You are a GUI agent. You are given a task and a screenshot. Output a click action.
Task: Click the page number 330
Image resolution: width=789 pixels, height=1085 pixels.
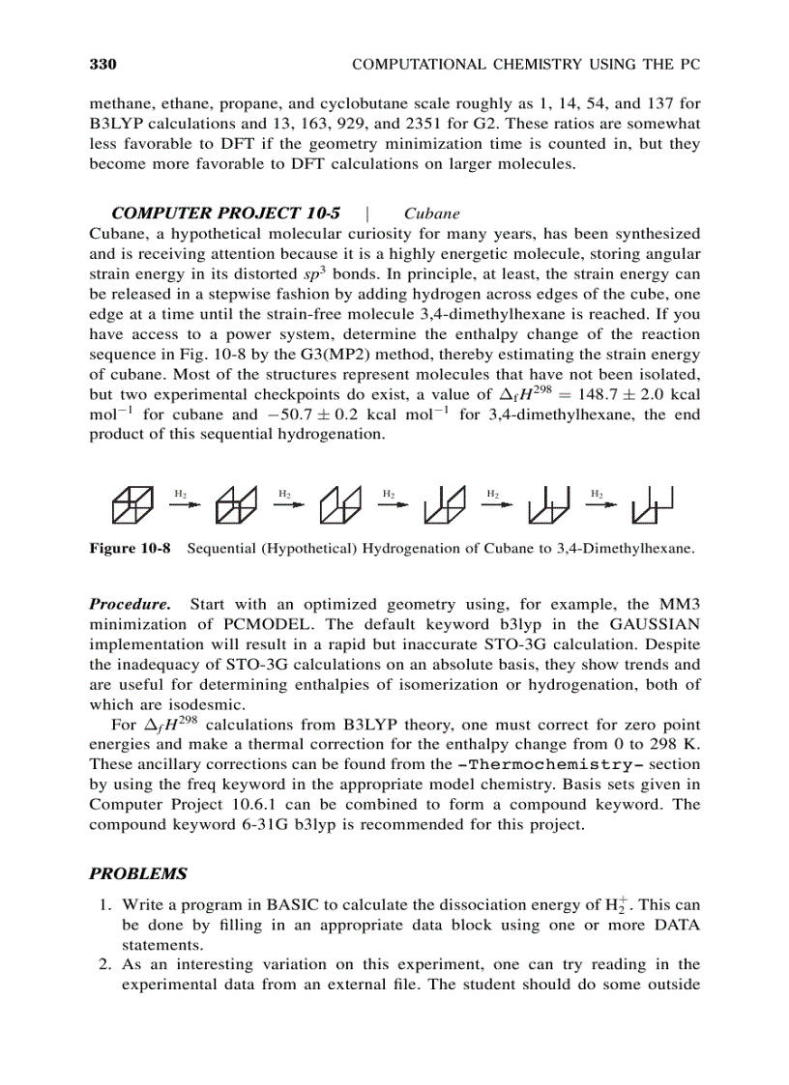click(102, 65)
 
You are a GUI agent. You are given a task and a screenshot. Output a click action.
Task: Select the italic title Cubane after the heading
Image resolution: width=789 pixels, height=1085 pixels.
click(431, 214)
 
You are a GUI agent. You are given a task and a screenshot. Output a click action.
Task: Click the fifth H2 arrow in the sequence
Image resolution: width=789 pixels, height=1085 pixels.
click(599, 500)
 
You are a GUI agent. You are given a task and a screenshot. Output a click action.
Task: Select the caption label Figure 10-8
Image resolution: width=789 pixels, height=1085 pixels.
click(130, 549)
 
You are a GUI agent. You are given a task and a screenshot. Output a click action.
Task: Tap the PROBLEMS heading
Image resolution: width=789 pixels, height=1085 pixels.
click(137, 873)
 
